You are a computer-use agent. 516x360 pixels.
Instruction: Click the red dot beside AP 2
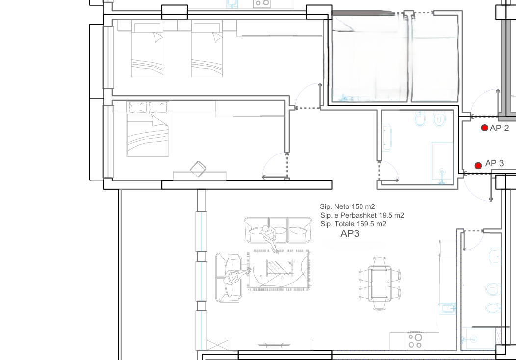click(484, 128)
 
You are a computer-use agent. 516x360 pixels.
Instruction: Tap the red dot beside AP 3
click(478, 165)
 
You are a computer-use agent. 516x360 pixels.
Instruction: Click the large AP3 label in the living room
click(350, 233)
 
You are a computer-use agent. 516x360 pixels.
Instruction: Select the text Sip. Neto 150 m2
click(347, 206)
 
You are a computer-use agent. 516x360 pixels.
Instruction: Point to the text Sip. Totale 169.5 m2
click(353, 224)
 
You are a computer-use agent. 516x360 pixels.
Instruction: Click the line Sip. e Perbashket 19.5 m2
click(362, 215)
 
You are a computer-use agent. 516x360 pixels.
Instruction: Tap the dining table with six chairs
click(379, 283)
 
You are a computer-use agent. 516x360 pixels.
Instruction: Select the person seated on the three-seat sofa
click(269, 237)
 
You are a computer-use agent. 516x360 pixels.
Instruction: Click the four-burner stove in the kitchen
click(415, 340)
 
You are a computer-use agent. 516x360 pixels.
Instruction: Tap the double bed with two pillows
click(148, 129)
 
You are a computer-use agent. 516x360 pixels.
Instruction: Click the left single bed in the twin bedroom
click(148, 49)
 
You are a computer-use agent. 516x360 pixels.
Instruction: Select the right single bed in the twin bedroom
click(206, 49)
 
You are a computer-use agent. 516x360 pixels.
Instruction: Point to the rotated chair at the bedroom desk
click(198, 169)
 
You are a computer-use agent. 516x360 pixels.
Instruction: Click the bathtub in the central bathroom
click(387, 137)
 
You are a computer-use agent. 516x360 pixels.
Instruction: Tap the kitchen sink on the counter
click(447, 309)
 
